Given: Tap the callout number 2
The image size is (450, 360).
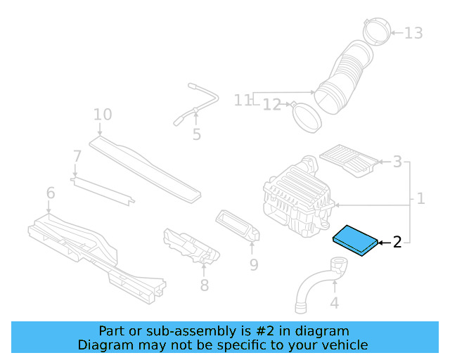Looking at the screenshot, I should (x=397, y=243).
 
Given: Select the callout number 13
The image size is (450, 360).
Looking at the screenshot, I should (x=413, y=33).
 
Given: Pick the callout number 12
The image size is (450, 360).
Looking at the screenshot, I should (x=272, y=105).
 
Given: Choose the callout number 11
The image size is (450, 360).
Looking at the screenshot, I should (x=243, y=100).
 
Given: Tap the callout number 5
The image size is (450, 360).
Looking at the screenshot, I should (x=196, y=134).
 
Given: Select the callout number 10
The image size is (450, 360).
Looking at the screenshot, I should (x=103, y=114).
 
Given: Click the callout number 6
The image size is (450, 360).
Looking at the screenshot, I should (x=50, y=193).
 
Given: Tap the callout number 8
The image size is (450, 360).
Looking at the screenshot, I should (x=204, y=285).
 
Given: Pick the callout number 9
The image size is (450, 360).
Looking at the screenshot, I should (x=254, y=264).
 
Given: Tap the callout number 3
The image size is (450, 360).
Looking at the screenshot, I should (x=397, y=162).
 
